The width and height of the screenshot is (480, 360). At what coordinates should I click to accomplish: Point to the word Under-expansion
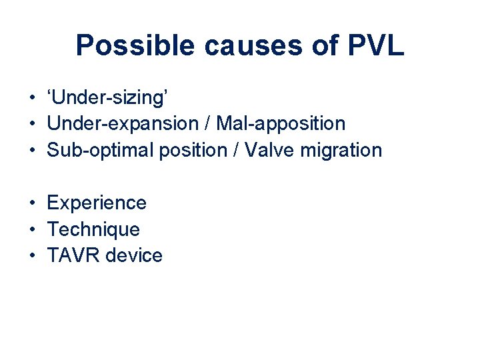[x=123, y=124]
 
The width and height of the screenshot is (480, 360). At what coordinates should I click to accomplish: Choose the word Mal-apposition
[x=281, y=124]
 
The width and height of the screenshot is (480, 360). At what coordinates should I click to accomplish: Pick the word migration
[x=341, y=151]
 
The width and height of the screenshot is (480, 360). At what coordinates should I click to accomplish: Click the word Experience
[x=97, y=203]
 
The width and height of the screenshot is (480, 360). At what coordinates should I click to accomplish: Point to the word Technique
[x=93, y=229]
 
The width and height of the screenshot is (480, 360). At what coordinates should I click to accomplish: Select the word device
[x=136, y=255]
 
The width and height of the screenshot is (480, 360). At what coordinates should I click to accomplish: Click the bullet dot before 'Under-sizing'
[x=32, y=99]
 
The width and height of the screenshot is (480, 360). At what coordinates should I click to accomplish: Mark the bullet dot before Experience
[x=32, y=203]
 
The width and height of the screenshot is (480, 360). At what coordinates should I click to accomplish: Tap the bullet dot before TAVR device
[x=32, y=256]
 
